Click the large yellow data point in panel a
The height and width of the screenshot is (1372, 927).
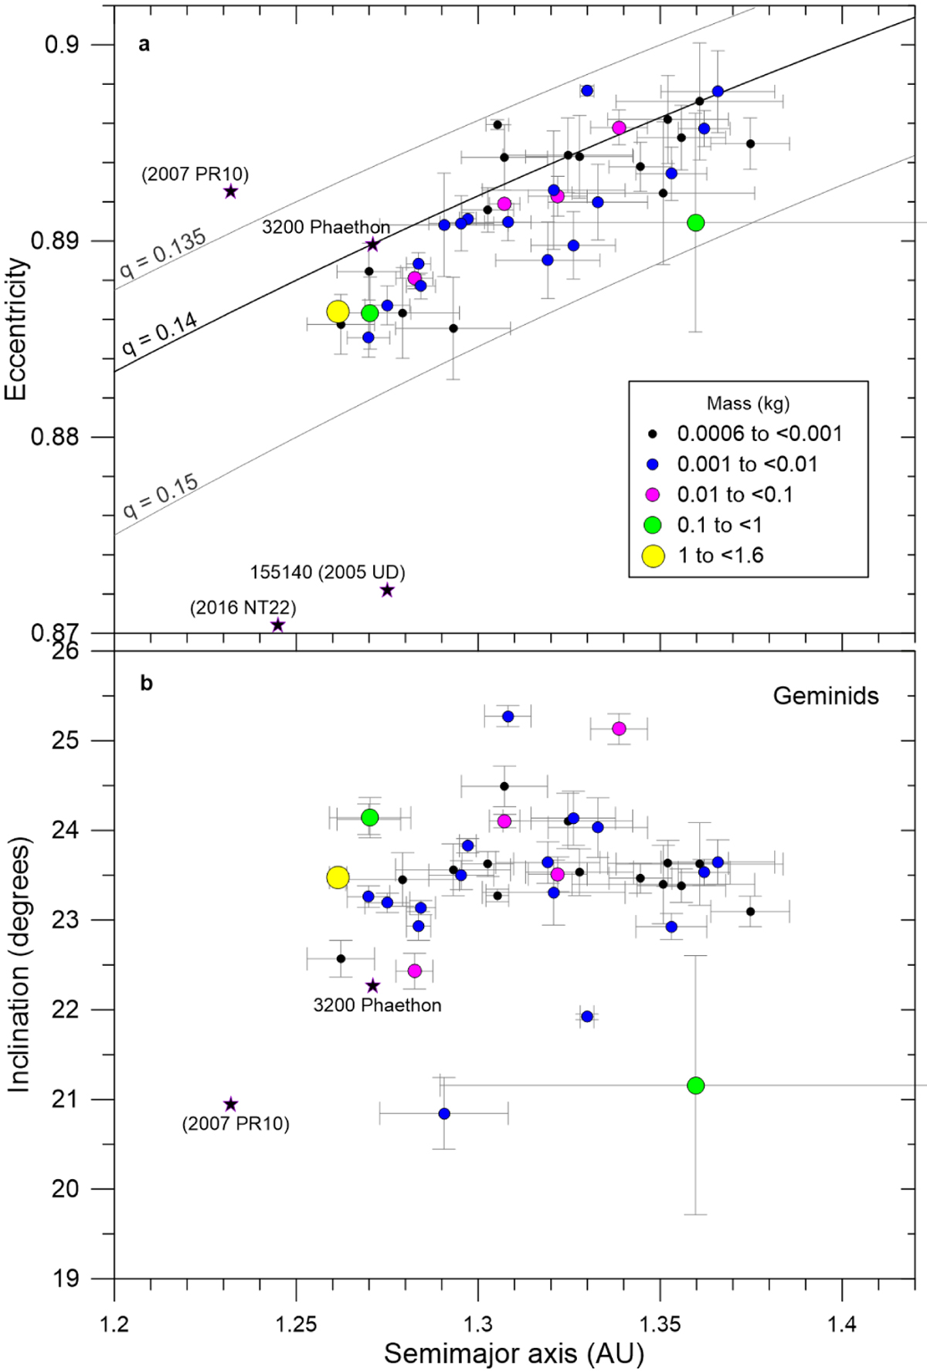(338, 312)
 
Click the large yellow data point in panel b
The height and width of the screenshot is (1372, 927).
(338, 877)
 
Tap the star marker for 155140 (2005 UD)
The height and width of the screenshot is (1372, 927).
(387, 591)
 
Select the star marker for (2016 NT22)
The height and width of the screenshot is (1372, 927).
(278, 625)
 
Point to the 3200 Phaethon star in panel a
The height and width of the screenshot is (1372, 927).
(372, 245)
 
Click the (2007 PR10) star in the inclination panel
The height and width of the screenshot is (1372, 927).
(230, 1105)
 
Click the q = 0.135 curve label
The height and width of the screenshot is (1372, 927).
(163, 252)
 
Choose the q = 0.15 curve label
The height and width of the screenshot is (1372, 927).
(161, 496)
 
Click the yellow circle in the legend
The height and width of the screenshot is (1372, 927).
(654, 555)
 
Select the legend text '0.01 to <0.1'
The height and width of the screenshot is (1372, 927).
(735, 495)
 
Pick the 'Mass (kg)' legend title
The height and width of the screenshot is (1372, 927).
(748, 403)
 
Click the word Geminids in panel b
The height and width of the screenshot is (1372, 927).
(825, 696)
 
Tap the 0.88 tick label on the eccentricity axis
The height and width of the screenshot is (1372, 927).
(55, 437)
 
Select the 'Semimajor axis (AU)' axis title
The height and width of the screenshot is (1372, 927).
(514, 1353)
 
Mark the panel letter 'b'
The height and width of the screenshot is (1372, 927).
(146, 683)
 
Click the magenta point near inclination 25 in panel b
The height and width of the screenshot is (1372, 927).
(619, 729)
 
